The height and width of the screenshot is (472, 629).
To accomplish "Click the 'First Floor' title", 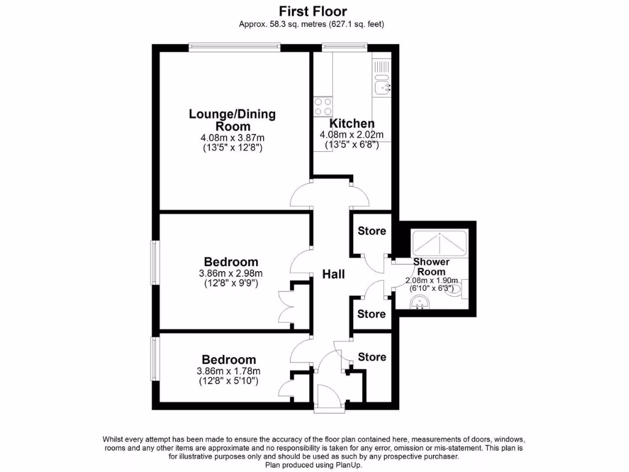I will [313, 11].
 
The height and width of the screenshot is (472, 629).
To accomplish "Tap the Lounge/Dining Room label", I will [232, 120].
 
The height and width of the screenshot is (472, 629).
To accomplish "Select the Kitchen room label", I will [352, 124].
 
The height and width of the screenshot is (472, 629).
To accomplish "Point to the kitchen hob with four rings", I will [323, 107].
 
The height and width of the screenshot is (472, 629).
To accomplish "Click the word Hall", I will [334, 274].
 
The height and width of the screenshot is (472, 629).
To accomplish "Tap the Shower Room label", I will [431, 267].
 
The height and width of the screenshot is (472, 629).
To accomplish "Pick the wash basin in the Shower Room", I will [421, 301].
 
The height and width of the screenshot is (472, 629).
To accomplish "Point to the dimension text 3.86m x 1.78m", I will [229, 371].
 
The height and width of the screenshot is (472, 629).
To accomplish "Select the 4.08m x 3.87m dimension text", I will [232, 138].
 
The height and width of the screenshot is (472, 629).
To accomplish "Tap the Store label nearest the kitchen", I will [372, 230].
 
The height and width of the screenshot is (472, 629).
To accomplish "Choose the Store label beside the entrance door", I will [372, 356].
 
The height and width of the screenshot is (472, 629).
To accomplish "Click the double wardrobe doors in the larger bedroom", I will [285, 305].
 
